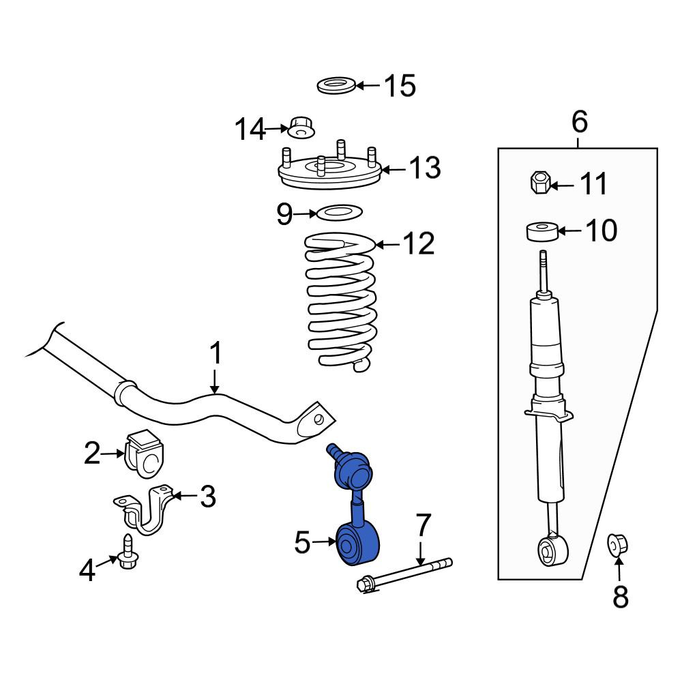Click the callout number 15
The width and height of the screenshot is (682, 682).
[400, 86]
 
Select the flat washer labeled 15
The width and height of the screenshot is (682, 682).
[336, 86]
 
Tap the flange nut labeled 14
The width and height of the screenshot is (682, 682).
[301, 128]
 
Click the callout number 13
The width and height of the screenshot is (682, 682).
[425, 168]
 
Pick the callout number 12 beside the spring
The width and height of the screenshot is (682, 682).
[419, 243]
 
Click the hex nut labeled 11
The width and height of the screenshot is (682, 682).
[540, 182]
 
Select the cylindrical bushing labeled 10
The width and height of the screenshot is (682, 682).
[542, 232]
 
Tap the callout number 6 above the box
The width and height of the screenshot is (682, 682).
[580, 122]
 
